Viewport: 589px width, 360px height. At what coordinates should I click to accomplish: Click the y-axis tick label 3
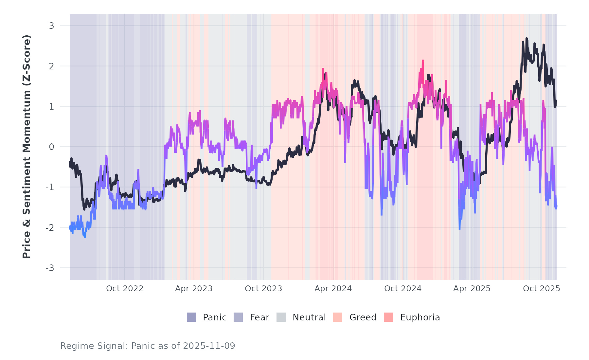(x=51, y=26)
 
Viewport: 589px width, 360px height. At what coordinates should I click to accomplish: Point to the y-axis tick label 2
(x=51, y=66)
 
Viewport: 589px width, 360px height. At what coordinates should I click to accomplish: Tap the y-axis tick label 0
(x=51, y=147)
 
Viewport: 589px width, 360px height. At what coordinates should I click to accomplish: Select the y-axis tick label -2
(x=50, y=228)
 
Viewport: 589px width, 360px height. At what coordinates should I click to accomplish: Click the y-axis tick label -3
(x=50, y=268)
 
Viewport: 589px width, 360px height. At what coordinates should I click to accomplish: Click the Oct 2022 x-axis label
(x=125, y=289)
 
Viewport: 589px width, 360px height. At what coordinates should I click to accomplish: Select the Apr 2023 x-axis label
(x=194, y=289)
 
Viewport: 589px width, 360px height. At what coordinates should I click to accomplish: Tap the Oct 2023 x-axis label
(x=263, y=289)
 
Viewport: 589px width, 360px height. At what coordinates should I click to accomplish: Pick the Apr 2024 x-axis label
(x=333, y=289)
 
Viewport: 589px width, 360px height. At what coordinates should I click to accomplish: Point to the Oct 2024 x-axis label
(x=403, y=289)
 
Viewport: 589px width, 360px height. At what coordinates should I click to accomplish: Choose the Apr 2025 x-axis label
(x=472, y=289)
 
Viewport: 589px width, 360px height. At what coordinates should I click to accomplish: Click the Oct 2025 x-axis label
(x=542, y=289)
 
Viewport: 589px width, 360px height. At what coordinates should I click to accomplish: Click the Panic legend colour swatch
(x=191, y=317)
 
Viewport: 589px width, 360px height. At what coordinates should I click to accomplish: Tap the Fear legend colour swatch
(x=238, y=317)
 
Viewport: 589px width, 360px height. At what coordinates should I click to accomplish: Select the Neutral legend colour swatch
(x=281, y=317)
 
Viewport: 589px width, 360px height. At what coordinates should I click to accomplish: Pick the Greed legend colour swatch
(x=338, y=317)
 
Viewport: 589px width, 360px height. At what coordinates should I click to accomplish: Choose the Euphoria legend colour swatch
(x=388, y=317)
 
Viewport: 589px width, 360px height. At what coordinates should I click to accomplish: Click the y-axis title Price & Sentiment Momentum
(x=27, y=147)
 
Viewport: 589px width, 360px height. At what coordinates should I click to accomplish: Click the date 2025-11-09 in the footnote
(x=209, y=346)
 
